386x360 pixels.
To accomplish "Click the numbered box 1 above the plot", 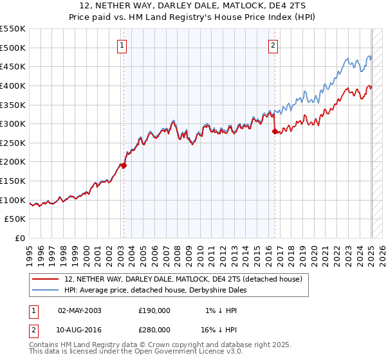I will (x=122, y=45).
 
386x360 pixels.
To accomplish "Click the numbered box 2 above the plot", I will (x=273, y=45).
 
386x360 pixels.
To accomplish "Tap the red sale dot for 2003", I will (x=124, y=165).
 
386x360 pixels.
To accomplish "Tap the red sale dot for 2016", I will (x=275, y=131).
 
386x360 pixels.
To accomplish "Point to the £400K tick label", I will (x=13, y=85).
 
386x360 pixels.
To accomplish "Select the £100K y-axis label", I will (x=13, y=200).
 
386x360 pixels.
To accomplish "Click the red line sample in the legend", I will (x=46, y=279).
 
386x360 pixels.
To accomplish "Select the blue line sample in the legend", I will (x=46, y=290).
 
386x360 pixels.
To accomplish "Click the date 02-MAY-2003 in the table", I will (x=79, y=310).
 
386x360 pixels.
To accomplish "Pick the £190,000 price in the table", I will (x=154, y=310).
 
